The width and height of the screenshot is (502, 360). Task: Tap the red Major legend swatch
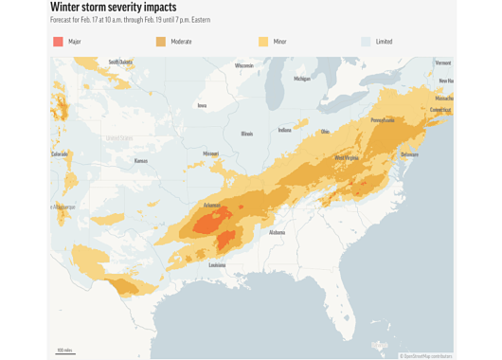(58, 42)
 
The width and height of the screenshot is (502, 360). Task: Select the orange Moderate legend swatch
(161, 42)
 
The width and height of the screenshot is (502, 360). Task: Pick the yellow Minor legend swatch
(263, 42)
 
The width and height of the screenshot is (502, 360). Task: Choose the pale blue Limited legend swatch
(366, 42)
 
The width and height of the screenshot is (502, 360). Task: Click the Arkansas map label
(211, 205)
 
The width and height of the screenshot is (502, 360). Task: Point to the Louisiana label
(217, 265)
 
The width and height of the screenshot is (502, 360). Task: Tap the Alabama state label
(277, 232)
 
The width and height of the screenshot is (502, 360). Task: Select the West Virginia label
(347, 157)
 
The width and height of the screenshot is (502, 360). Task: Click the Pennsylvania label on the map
(383, 120)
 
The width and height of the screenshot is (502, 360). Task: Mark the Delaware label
(409, 153)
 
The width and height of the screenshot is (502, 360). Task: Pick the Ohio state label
(325, 132)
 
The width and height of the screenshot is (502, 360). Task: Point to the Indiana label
(285, 130)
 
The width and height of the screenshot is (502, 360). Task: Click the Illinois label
(247, 134)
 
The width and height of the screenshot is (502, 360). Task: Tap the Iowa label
(202, 105)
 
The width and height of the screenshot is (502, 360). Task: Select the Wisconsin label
(244, 65)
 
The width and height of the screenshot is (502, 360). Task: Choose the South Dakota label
(120, 62)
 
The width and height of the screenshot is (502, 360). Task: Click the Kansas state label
(141, 161)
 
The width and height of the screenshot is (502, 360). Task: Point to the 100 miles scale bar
(65, 351)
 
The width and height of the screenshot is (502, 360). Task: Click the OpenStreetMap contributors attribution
(426, 356)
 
